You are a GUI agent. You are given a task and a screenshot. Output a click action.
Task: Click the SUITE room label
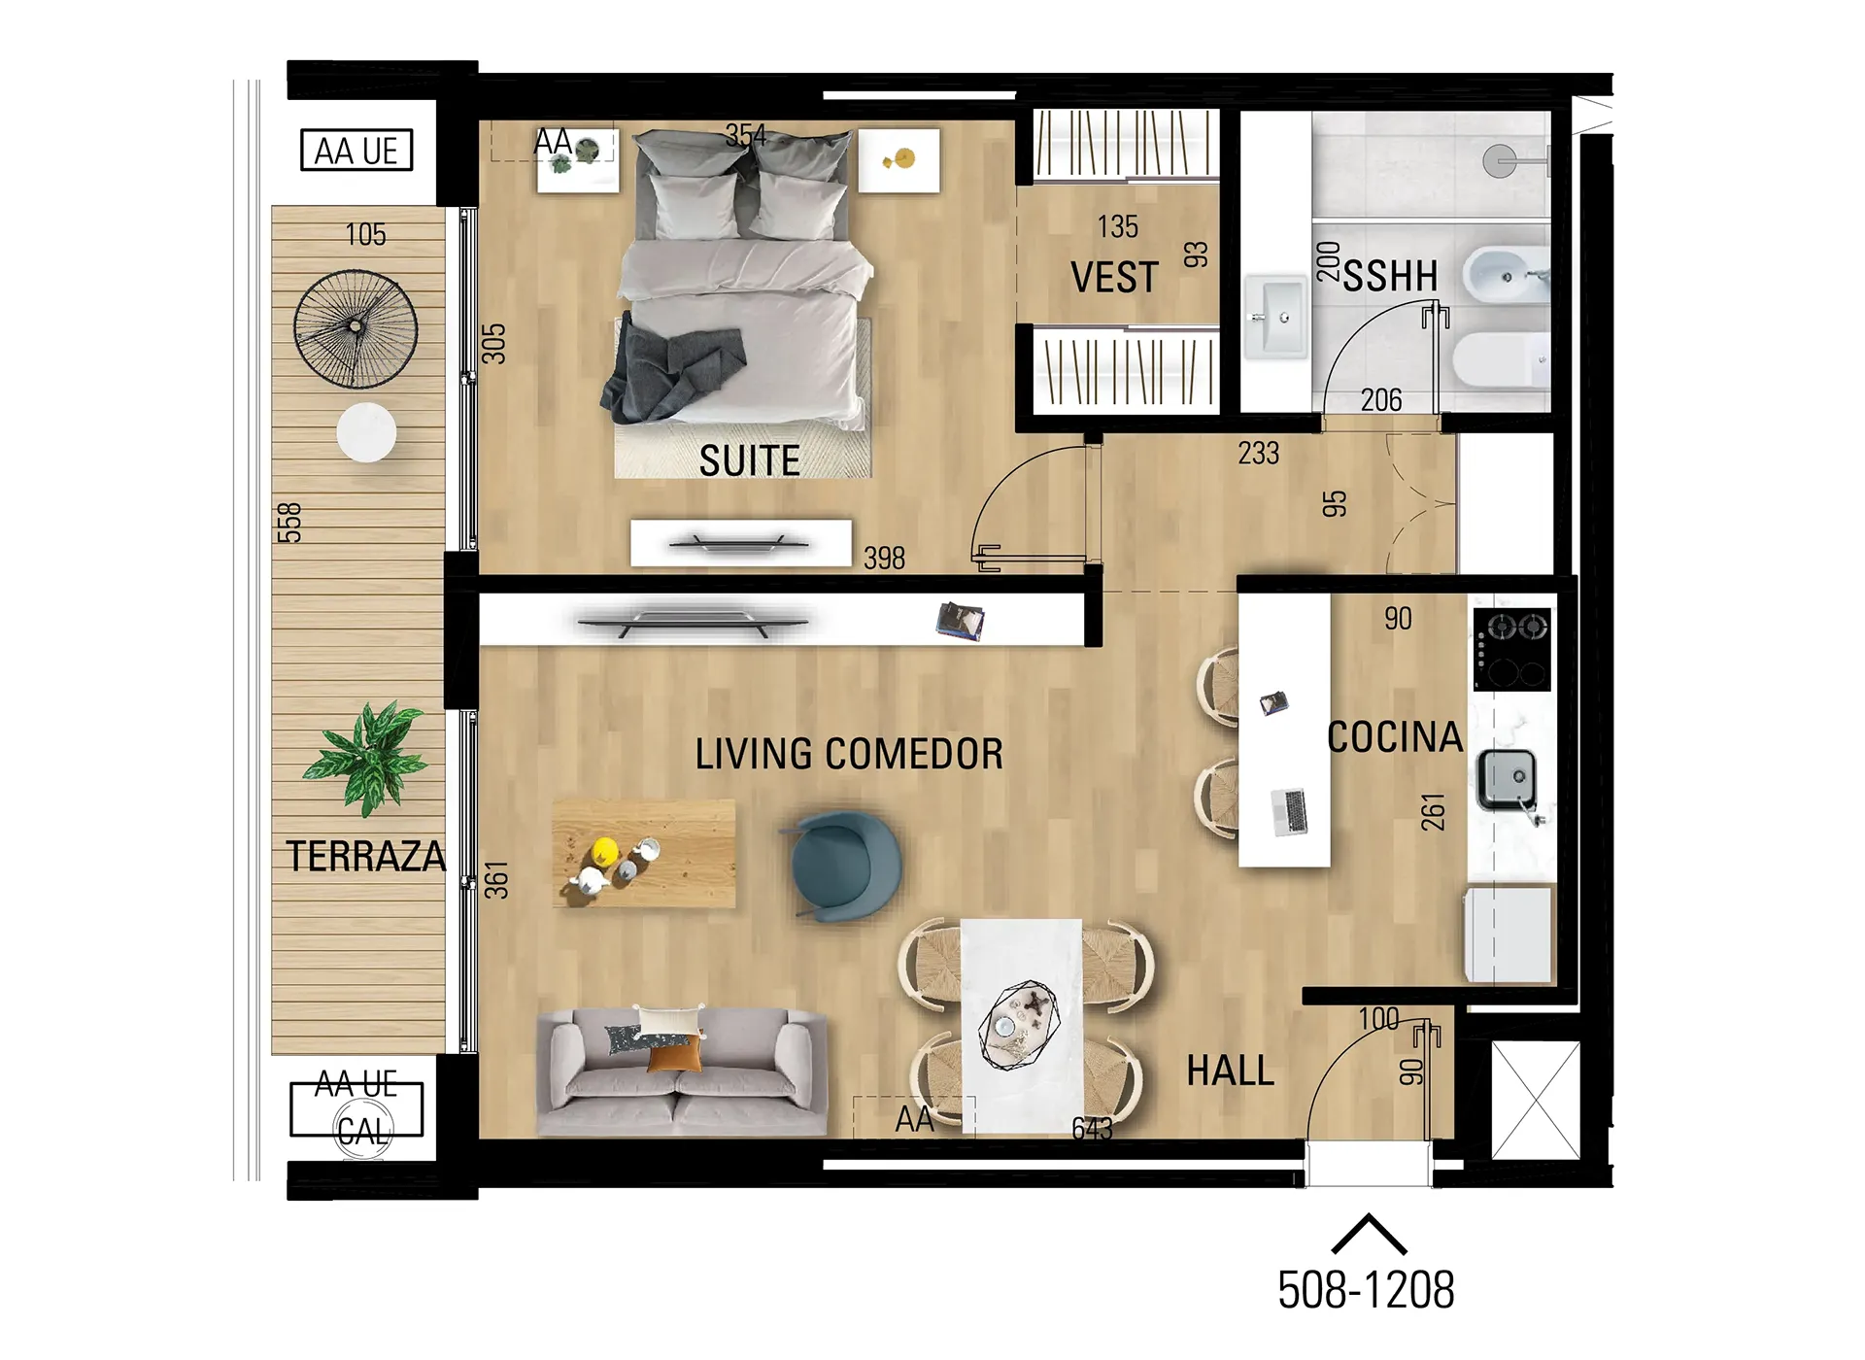[x=749, y=460]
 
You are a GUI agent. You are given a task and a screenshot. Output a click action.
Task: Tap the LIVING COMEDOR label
[x=849, y=754]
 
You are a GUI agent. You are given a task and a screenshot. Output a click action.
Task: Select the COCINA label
[x=1395, y=737]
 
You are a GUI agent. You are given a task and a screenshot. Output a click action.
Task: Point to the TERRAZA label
[x=365, y=856]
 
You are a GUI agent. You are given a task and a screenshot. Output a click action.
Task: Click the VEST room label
[x=1114, y=278]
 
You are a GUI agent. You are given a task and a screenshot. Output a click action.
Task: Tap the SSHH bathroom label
[x=1390, y=276]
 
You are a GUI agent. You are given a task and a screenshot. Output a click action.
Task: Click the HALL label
[x=1230, y=1071]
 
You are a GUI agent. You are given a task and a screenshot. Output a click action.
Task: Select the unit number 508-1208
[x=1366, y=1290]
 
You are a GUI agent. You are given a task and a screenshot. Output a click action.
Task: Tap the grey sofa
[x=682, y=1071]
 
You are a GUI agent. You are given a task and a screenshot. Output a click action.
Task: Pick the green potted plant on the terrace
[x=366, y=757]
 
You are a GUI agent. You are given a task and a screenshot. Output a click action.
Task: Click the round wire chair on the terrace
[x=356, y=329]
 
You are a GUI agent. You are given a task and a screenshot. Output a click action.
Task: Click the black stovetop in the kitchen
[x=1511, y=649]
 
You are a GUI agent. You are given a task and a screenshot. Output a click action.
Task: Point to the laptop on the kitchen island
[x=1289, y=812]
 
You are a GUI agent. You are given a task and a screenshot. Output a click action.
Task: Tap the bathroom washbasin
[x=1276, y=315]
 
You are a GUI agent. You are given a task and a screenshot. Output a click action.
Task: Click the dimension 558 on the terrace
[x=289, y=523]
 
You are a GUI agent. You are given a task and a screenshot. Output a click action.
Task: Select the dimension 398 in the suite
[x=884, y=558]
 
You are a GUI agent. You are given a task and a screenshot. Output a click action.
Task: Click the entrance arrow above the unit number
[x=1369, y=1234]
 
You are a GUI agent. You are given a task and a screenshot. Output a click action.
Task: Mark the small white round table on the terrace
[x=366, y=432]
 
